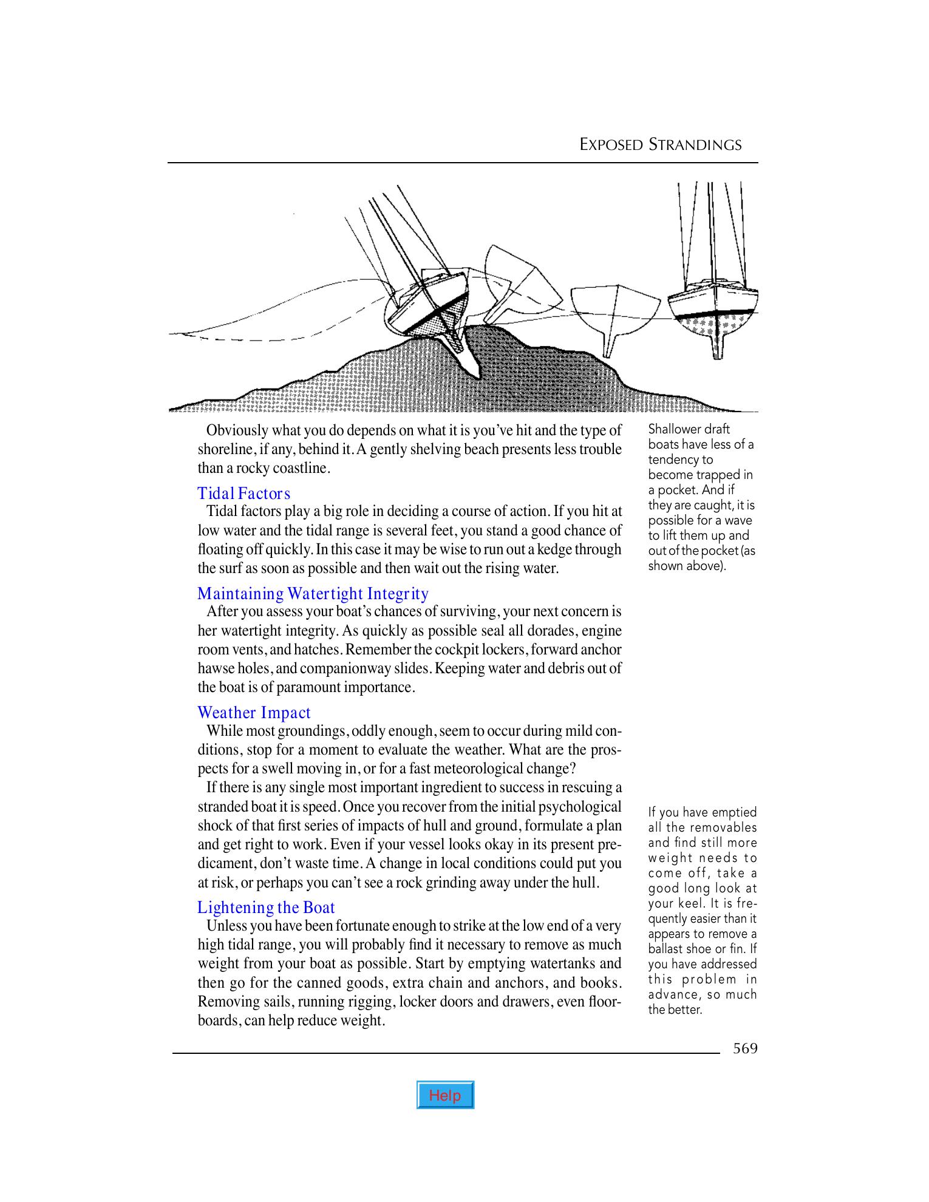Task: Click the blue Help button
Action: pos(445,1095)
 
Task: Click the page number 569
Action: pos(744,1048)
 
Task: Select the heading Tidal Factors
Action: pos(244,493)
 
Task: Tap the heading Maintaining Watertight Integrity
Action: pos(313,593)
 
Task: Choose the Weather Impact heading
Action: pos(254,712)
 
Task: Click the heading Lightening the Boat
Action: pos(266,907)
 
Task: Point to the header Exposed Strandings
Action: pos(660,144)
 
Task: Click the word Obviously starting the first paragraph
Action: pos(236,430)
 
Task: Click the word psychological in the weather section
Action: pos(579,807)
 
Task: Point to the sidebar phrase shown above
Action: pos(687,566)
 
